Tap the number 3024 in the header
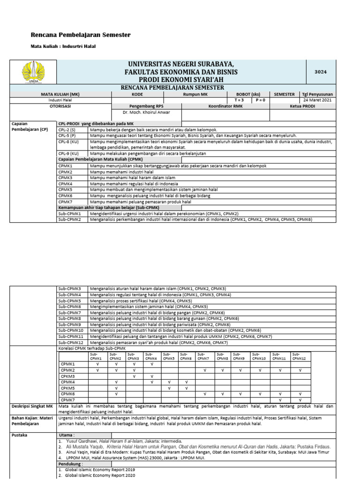click(320, 72)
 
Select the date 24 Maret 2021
click(317, 100)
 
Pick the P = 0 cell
click(261, 100)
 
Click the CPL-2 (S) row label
click(67, 129)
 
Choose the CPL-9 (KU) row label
click(68, 153)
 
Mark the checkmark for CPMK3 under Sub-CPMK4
click(152, 376)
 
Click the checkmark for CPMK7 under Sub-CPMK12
click(300, 400)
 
